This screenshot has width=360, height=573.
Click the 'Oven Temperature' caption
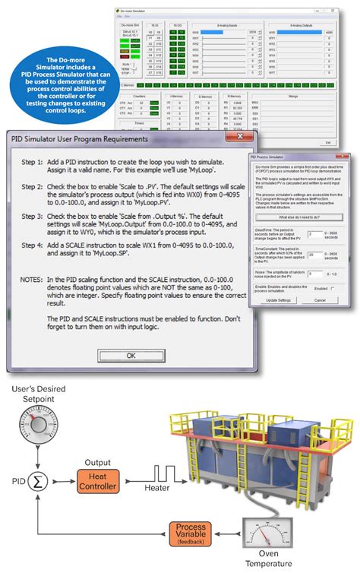click(x=259, y=562)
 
